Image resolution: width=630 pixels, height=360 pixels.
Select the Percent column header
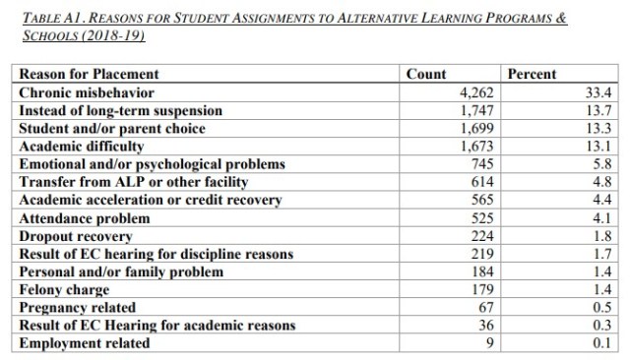(532, 74)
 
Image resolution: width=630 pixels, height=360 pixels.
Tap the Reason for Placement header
(89, 74)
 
